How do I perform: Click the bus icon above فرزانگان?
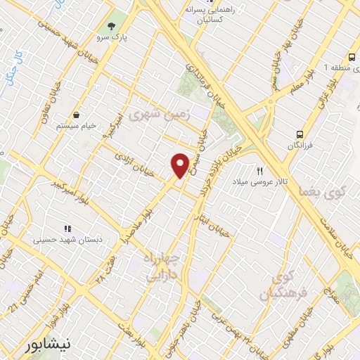point(300,134)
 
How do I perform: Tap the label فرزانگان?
point(300,145)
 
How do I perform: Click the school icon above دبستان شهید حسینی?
point(67,229)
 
